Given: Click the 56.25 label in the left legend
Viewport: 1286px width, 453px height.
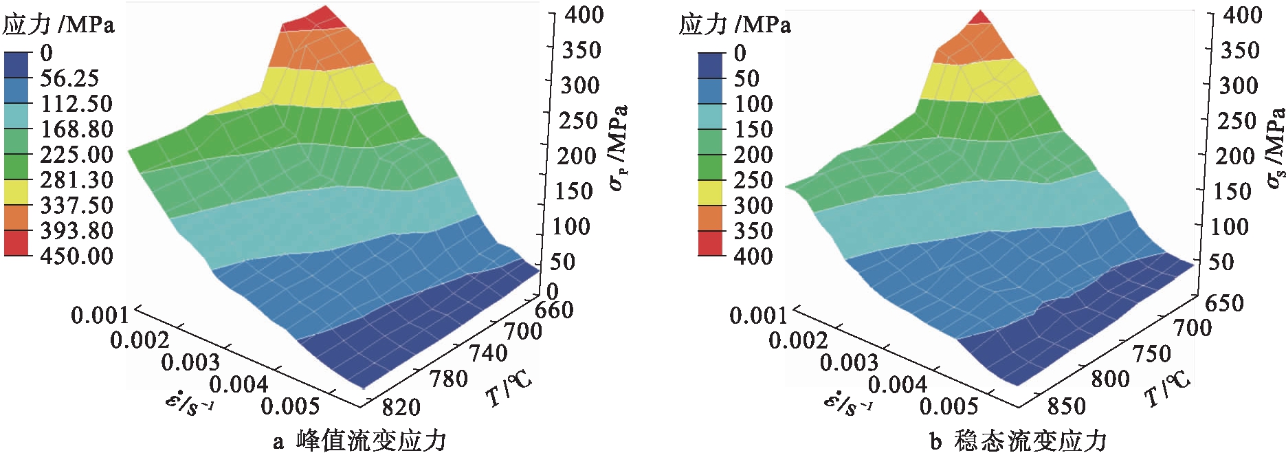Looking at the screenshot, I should (69, 78).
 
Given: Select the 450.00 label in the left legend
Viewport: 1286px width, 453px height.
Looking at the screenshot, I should (76, 256).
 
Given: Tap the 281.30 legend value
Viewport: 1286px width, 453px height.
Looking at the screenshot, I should (76, 180).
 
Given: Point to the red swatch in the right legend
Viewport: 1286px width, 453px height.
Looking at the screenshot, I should (711, 243).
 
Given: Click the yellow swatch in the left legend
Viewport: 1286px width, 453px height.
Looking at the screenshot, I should (17, 193).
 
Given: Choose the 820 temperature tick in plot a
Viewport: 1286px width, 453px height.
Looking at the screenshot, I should (400, 407).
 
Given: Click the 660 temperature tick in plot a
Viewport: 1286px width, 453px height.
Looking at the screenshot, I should (554, 310).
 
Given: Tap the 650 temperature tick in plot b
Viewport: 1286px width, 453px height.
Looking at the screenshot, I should (1224, 303).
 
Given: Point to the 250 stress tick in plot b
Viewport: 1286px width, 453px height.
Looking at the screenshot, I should (1237, 121).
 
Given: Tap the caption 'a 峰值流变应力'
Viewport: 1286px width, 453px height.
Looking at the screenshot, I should (359, 441).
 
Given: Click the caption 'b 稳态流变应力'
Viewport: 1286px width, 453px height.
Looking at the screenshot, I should (1018, 441).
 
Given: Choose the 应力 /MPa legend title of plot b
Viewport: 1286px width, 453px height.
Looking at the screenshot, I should (734, 25).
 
